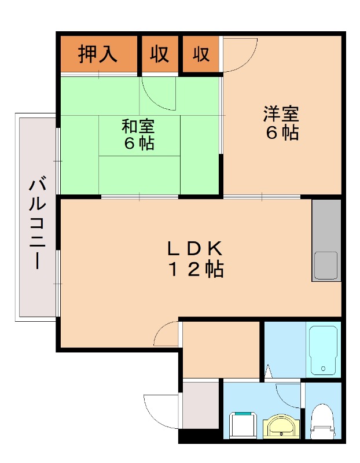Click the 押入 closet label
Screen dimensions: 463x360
(98, 54)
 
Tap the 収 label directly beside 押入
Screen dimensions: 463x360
(160, 54)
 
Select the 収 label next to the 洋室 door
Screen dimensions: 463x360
(201, 54)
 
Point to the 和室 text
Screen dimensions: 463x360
(138, 126)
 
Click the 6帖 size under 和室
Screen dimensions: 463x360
(139, 143)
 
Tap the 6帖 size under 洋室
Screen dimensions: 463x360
(282, 133)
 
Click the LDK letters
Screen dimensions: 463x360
(195, 248)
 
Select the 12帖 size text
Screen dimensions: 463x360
(196, 269)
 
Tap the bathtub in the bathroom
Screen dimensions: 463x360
(323, 351)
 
